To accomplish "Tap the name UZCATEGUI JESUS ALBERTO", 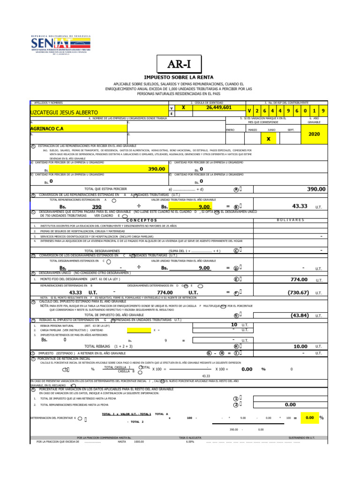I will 64,112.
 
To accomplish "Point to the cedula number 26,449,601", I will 219,107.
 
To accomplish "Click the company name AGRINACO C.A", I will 46,128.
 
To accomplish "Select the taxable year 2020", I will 314,134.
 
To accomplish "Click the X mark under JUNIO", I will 269,139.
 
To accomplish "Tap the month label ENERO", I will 230,130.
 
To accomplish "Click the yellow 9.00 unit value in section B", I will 204,206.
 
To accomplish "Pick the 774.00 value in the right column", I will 299,279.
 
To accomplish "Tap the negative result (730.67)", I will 298,292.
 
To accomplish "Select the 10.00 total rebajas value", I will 300,346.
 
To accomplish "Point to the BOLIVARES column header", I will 291,220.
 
